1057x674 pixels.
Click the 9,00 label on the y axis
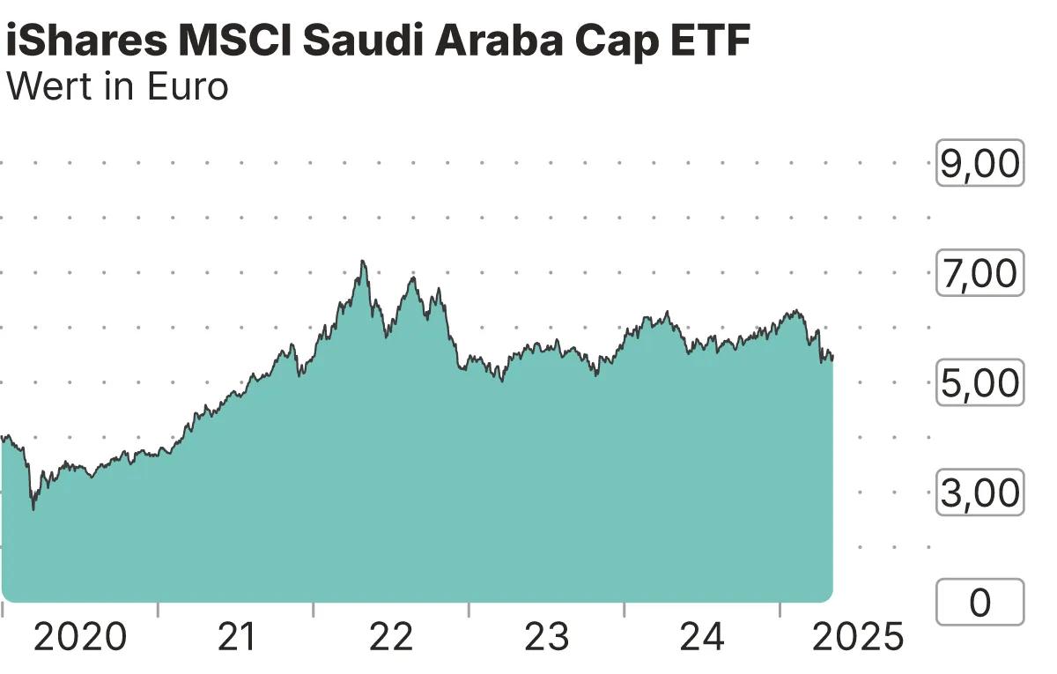pos(979,164)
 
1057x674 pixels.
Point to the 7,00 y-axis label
pos(979,273)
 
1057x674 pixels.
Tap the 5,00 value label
pos(979,383)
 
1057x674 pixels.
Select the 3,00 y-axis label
pos(979,493)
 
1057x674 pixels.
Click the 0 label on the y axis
pos(979,603)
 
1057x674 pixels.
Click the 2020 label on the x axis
pos(80,637)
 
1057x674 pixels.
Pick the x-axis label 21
pos(236,637)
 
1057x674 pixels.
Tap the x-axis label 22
pos(391,637)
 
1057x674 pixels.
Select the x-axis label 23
pos(547,637)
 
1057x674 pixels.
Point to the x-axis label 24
pos(702,637)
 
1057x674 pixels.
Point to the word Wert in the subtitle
pos(47,86)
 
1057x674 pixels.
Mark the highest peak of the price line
pos(362,262)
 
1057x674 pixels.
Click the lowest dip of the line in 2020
pos(33,508)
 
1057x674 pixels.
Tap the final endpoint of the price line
pos(832,357)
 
